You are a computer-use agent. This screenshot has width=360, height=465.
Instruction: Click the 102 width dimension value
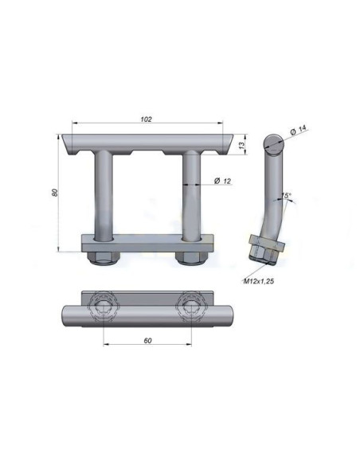click(x=146, y=119)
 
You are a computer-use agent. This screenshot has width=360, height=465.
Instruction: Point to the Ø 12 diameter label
click(x=223, y=182)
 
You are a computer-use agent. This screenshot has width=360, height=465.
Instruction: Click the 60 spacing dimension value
click(x=148, y=341)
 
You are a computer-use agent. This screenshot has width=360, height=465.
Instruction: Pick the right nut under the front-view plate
click(x=190, y=256)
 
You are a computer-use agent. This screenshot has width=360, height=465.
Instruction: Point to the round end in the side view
click(x=274, y=144)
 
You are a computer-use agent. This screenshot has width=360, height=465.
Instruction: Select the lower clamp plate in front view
click(x=147, y=241)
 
